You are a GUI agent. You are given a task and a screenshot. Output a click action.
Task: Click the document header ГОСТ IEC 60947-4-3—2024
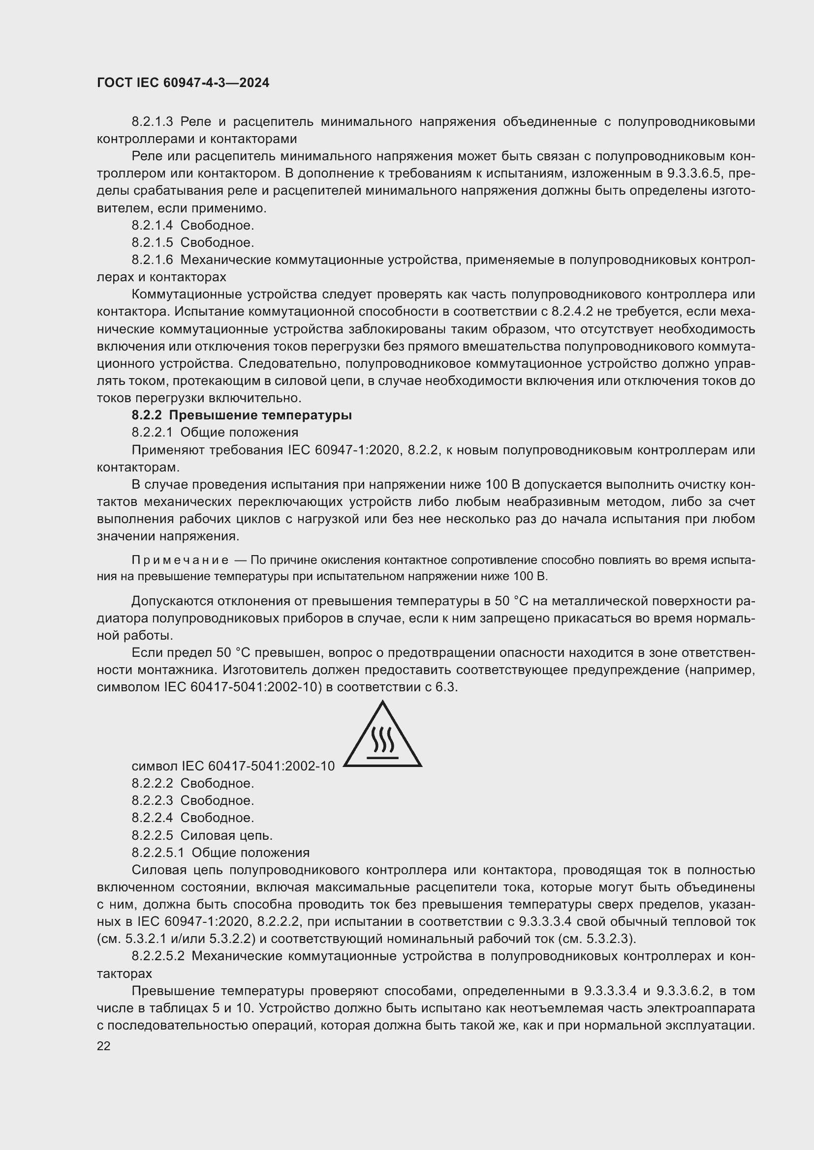183,83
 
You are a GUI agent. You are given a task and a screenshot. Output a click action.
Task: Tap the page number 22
103,1046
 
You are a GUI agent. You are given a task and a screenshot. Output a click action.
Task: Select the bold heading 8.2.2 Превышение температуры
242,415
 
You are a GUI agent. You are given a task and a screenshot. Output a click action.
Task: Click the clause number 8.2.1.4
152,225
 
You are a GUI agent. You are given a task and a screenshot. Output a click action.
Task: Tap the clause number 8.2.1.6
152,260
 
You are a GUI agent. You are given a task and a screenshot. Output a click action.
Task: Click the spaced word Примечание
180,560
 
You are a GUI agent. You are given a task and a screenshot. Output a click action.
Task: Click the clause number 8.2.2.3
152,800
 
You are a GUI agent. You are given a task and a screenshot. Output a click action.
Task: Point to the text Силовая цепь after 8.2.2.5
226,835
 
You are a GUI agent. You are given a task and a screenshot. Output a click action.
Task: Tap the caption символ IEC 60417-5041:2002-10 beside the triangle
233,766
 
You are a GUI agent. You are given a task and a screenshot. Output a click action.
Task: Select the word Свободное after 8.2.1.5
217,243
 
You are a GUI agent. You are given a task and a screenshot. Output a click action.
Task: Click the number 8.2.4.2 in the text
572,312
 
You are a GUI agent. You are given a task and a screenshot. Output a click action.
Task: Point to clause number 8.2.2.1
152,432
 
